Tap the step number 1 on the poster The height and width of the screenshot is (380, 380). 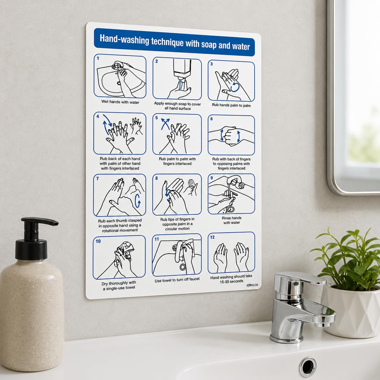(98, 58)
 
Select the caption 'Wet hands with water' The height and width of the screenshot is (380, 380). (120, 102)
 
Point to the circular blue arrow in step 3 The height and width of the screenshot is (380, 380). (235, 87)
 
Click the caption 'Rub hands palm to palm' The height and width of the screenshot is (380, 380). (231, 105)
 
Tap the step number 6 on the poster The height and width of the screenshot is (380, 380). (212, 119)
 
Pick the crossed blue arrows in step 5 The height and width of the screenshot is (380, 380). (165, 124)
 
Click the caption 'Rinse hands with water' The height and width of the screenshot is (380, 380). (232, 220)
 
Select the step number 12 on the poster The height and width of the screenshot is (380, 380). (212, 237)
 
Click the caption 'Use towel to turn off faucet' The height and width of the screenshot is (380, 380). (177, 280)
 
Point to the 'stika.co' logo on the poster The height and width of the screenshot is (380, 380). (252, 285)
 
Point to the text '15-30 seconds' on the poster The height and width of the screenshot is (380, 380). (232, 282)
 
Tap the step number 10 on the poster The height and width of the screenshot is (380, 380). (98, 241)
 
